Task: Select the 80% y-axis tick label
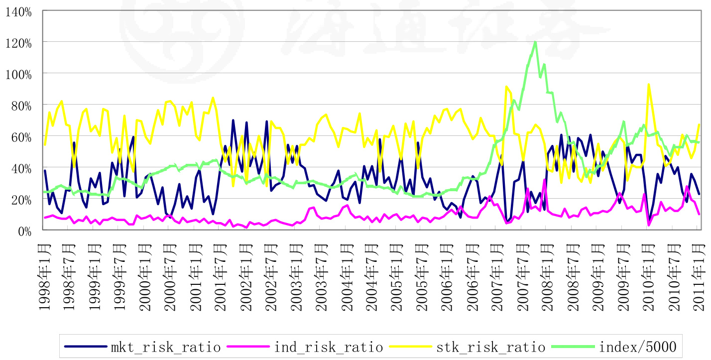[22, 105]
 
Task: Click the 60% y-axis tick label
[22, 136]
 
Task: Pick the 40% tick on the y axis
[22, 168]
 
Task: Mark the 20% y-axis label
[22, 199]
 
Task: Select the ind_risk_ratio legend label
[329, 347]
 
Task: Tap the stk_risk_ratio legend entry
[491, 347]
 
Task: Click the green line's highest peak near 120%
[535, 42]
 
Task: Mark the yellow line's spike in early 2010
[649, 84]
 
